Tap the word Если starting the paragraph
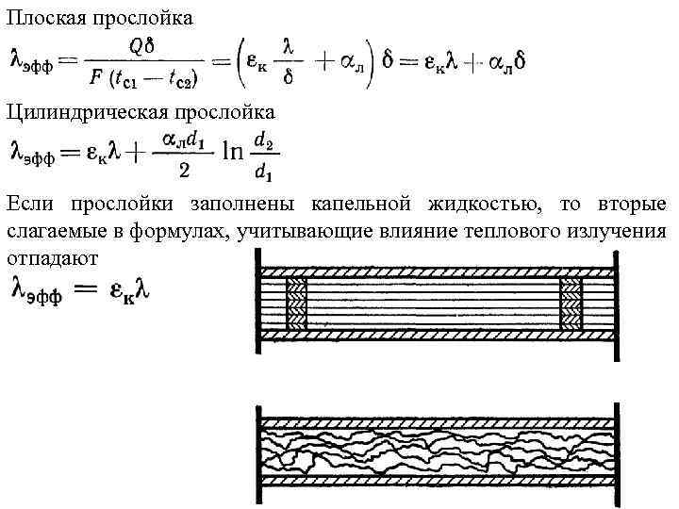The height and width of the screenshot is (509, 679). coord(28,203)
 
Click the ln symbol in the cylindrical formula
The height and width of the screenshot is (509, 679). coord(233,156)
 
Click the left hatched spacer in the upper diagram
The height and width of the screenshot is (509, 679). coord(296,304)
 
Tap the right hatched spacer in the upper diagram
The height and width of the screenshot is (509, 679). coord(571,304)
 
